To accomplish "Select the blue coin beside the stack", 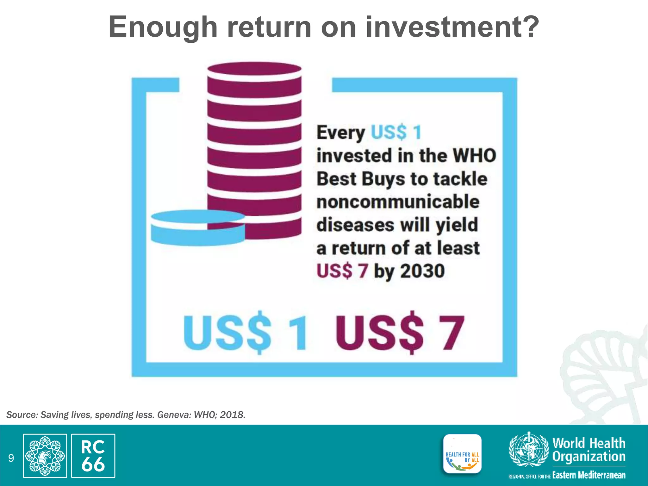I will click(x=198, y=228).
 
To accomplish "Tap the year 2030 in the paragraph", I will click(x=422, y=271).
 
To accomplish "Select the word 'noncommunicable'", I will click(x=398, y=202).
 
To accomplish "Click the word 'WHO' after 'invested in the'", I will click(x=474, y=156).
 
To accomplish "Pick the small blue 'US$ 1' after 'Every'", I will click(x=396, y=132).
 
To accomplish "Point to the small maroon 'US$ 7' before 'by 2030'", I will click(x=342, y=271).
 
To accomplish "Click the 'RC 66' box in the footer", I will click(x=93, y=456).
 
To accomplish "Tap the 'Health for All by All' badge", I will click(x=462, y=454).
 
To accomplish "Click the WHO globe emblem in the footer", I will click(x=529, y=450).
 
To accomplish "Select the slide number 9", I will click(x=11, y=458).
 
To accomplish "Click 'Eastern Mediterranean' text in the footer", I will click(x=589, y=475).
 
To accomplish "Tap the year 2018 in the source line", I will click(x=233, y=415).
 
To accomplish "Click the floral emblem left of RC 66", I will click(x=45, y=456).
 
